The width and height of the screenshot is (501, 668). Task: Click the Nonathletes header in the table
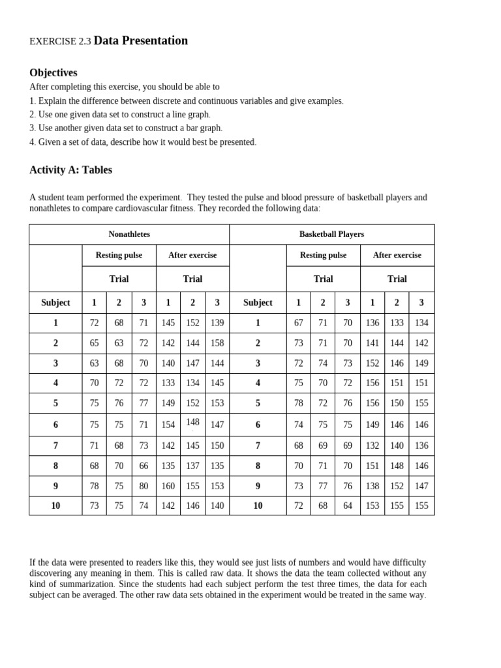point(129,234)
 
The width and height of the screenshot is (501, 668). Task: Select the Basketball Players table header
point(331,234)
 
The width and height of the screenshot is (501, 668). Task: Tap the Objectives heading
point(53,72)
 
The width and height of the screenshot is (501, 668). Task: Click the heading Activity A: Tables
point(70,170)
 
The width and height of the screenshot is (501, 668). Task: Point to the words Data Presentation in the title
point(141,40)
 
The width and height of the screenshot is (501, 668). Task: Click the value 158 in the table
point(217,343)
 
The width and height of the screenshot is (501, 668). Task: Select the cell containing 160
point(168,486)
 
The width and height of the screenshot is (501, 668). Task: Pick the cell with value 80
point(144,486)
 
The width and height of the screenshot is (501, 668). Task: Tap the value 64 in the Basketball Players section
point(348,506)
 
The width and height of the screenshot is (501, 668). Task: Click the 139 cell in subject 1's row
point(217,323)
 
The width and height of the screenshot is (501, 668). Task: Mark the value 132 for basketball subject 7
point(372,446)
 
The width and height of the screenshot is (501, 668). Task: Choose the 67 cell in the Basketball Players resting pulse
point(299,323)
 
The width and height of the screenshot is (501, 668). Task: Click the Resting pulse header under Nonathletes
point(119,255)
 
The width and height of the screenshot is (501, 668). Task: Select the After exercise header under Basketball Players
point(397,255)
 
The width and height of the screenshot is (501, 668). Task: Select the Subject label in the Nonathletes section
point(55,303)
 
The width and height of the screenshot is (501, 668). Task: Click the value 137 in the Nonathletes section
point(192,466)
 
